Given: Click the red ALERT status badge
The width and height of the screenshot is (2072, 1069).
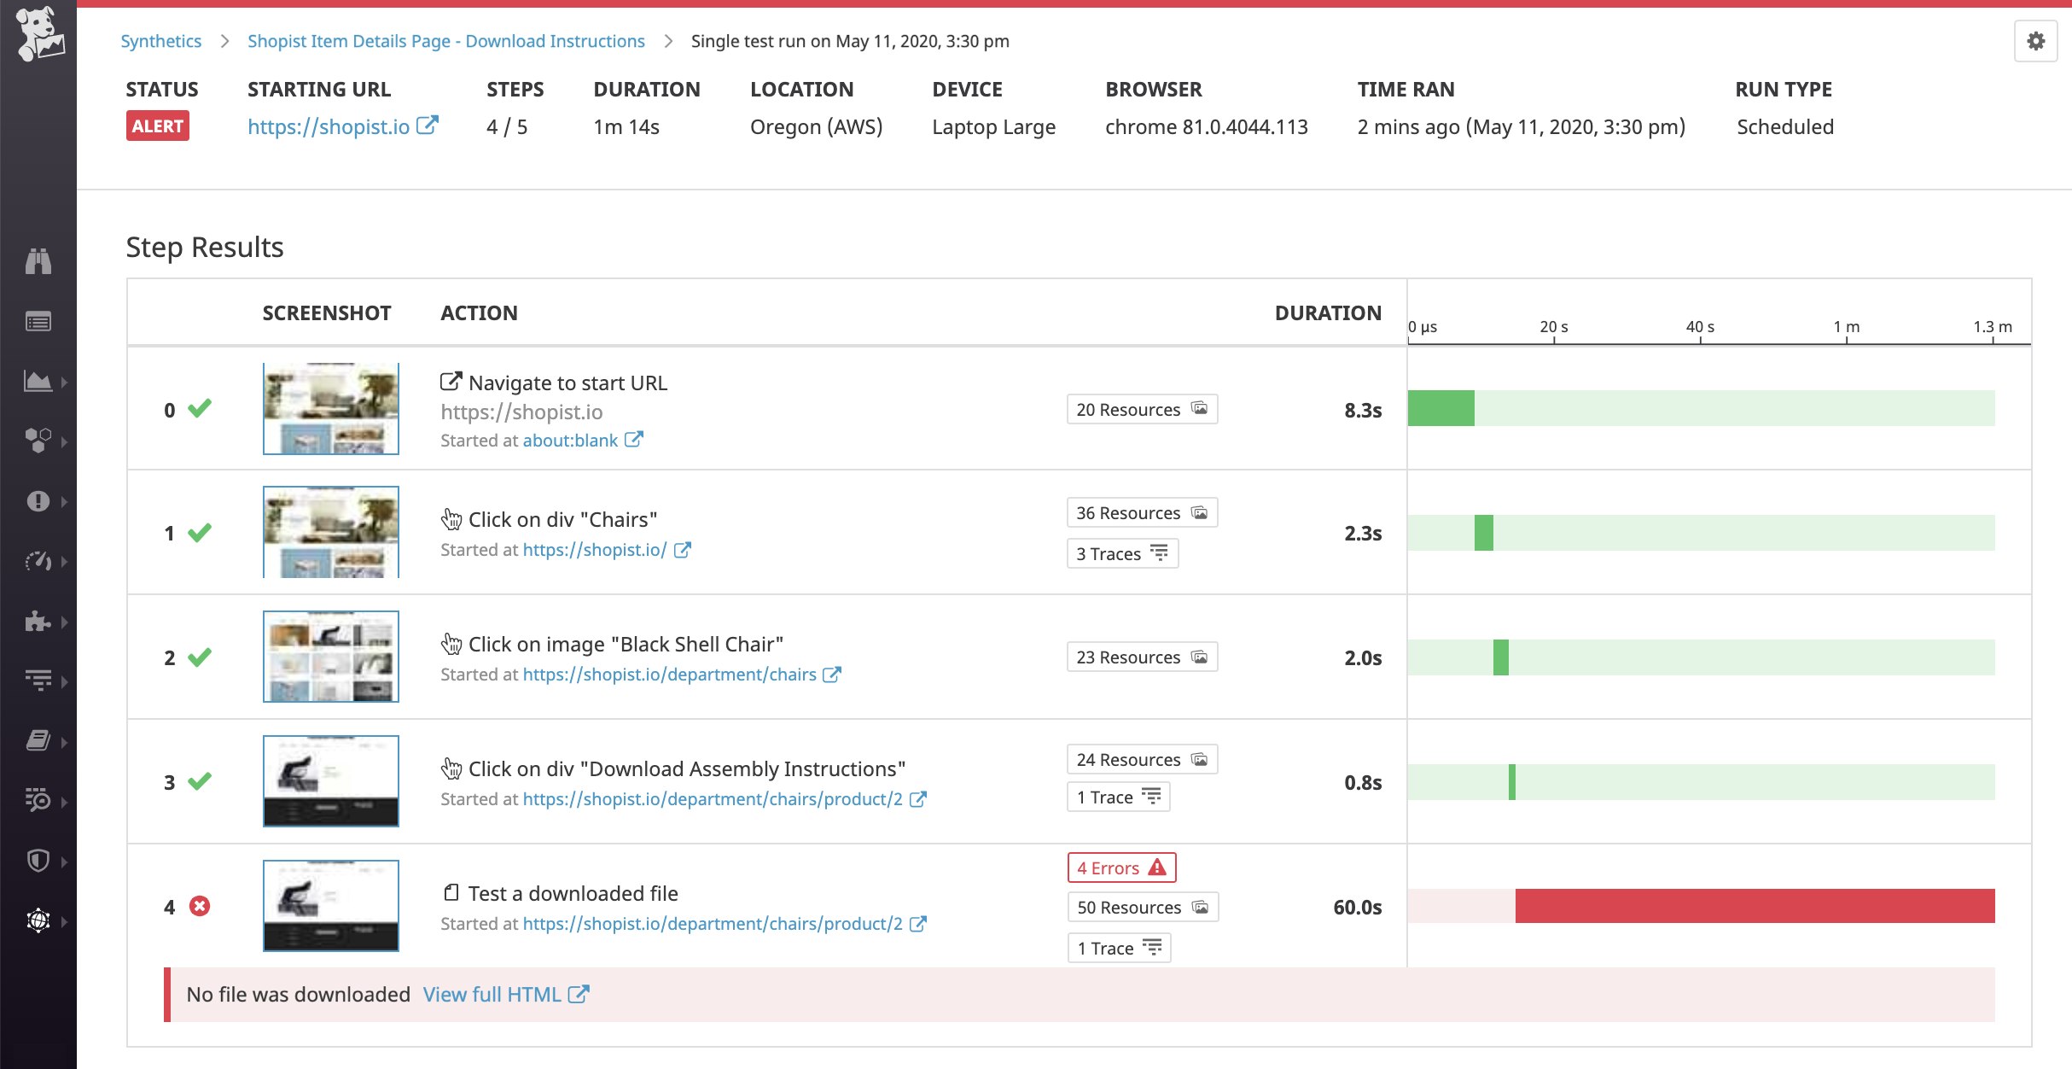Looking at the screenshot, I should pos(158,126).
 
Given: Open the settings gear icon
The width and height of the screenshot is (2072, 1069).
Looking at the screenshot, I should pos(2036,41).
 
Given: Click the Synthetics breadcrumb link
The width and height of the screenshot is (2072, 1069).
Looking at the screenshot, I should pos(160,41).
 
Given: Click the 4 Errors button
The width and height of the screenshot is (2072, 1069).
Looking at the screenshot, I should pos(1121,867).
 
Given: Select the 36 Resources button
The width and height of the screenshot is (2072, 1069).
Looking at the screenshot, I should pos(1142,512).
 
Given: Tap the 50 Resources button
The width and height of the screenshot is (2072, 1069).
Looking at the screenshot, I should pos(1143,907).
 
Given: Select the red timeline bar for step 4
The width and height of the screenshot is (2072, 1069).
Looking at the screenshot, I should pos(1755,906).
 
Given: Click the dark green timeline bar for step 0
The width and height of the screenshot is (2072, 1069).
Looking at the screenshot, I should pos(1441,408).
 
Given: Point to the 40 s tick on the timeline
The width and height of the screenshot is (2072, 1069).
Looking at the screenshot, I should pos(1700,328).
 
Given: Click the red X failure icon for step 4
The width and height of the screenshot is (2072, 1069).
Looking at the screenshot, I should pos(200,906).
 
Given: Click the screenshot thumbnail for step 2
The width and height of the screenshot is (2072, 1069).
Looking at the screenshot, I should pos(331,657).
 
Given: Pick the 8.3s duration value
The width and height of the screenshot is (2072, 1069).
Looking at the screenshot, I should pos(1363,410).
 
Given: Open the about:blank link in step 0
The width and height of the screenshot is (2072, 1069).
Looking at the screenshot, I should pos(570,441).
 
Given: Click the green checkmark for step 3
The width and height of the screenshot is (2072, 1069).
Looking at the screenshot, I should pos(200,781).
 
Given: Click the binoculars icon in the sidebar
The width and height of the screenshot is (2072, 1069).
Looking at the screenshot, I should pos(38,260).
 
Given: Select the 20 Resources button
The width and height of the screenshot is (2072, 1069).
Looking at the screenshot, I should pos(1142,409).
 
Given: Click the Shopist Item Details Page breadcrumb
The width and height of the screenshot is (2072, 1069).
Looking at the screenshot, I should pos(445,41).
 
